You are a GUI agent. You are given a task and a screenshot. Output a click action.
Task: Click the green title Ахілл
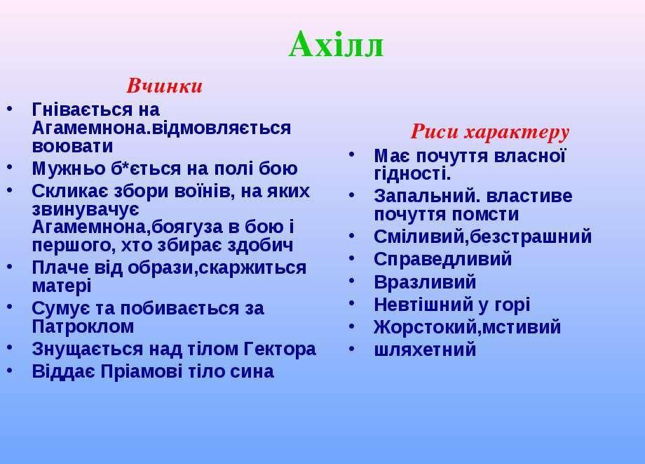tap(336, 44)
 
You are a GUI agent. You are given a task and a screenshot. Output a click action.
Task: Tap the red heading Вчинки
tap(164, 86)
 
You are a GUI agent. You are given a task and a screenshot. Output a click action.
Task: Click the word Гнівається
tap(82, 110)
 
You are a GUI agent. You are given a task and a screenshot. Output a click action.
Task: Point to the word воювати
tap(72, 146)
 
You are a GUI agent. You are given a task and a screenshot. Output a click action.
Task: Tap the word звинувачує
tap(86, 210)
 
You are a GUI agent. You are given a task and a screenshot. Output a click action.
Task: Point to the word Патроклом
tap(83, 326)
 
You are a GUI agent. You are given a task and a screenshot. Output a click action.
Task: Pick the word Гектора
tap(280, 349)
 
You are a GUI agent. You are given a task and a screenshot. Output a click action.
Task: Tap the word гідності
tap(412, 174)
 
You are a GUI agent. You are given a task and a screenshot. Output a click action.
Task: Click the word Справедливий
tap(443, 260)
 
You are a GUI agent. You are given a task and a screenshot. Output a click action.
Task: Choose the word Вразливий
tap(426, 282)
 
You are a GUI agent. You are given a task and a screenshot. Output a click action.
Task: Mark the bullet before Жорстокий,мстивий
tap(352, 326)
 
